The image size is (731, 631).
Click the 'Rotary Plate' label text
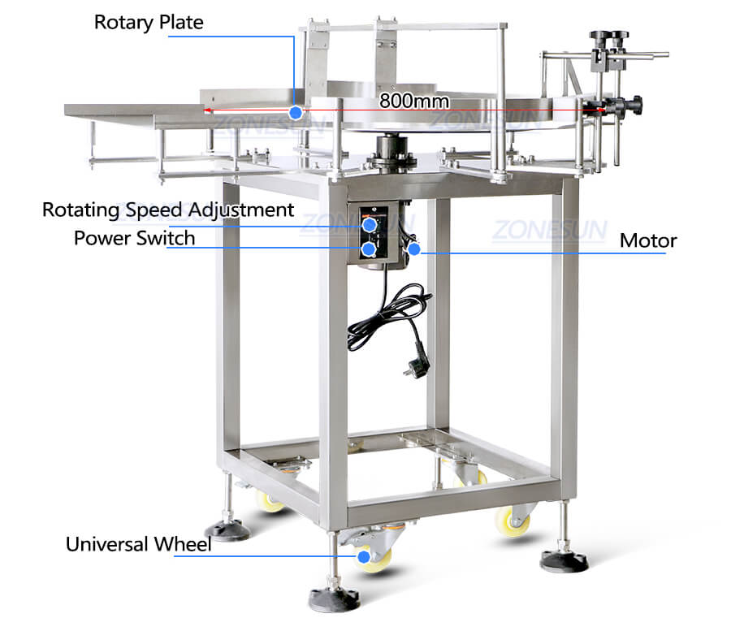(149, 23)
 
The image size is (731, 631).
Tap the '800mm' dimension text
(414, 101)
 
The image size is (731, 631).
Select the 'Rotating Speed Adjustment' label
(168, 210)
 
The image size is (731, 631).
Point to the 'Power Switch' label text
(134, 238)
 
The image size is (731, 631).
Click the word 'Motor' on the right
(648, 241)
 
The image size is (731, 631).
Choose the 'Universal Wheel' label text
(138, 544)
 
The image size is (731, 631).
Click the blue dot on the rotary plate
(296, 112)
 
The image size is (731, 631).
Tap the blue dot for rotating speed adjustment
(370, 225)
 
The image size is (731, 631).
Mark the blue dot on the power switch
(369, 249)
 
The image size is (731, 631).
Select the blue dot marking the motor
(414, 249)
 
